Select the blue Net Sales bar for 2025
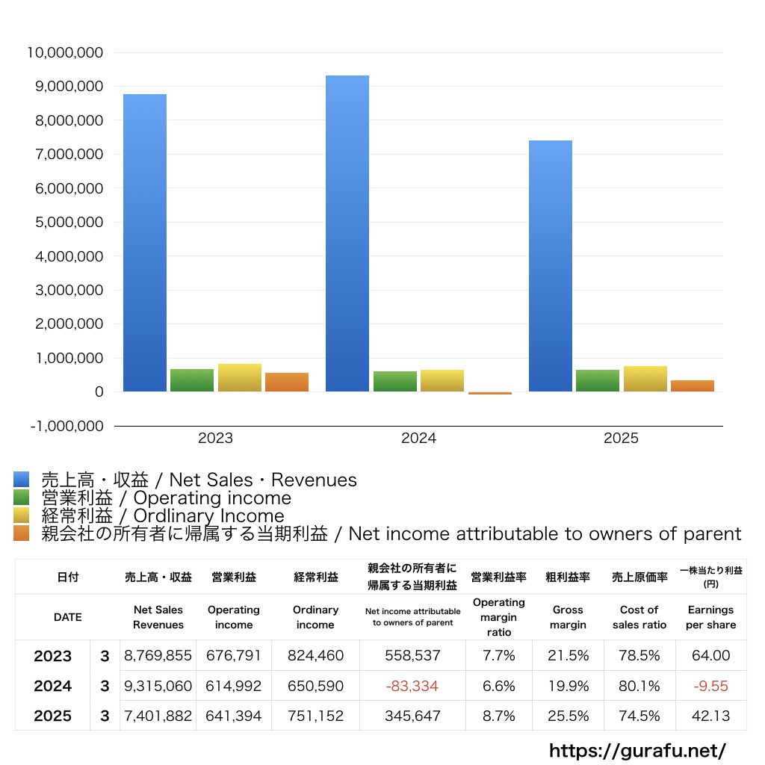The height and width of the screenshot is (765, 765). point(551,265)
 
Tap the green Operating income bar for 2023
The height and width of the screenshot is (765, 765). point(192,380)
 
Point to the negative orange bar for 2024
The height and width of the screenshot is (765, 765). point(490,393)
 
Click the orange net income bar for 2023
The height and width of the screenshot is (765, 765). point(287,382)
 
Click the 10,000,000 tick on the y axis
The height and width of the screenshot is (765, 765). point(65,52)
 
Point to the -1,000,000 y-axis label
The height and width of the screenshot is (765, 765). point(65,426)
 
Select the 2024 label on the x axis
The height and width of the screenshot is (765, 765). point(418,439)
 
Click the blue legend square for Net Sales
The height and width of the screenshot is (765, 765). point(21,480)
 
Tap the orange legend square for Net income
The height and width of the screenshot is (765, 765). point(21,533)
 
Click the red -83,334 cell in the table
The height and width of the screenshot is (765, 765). point(412,686)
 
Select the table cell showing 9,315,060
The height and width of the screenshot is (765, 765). point(158,686)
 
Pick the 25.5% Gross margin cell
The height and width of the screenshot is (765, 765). point(568,716)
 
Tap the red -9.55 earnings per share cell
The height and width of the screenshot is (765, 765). point(710,686)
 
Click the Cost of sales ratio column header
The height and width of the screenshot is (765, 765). point(639,617)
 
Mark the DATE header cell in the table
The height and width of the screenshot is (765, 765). point(67,617)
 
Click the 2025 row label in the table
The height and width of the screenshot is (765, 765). point(53,716)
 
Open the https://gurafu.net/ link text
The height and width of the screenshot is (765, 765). point(637,749)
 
